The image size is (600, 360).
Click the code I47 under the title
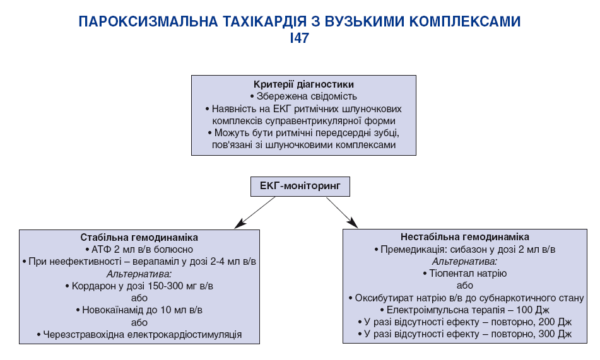click(300, 38)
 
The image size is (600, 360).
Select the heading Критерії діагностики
click(303, 84)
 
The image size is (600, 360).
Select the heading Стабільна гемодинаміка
click(139, 238)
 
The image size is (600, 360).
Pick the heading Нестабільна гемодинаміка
click(465, 237)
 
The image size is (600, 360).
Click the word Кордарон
click(94, 286)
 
